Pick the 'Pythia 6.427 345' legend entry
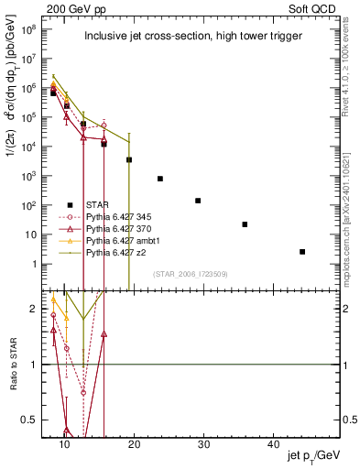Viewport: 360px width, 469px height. (118, 216)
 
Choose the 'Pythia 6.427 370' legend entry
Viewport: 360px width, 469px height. (118, 228)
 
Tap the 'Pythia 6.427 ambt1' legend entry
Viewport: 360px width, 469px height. (122, 240)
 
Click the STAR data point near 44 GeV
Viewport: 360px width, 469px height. (302, 251)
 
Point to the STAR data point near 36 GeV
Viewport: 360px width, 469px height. (245, 224)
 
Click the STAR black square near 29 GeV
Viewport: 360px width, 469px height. (198, 200)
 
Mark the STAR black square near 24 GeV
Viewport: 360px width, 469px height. (160, 179)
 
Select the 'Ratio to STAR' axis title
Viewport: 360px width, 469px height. (12, 366)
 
